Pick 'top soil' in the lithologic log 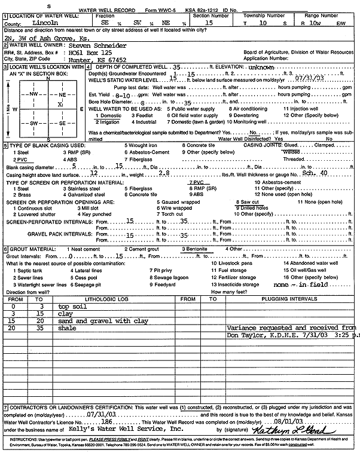(x=71, y=306)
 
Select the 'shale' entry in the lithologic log (x=67, y=328)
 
